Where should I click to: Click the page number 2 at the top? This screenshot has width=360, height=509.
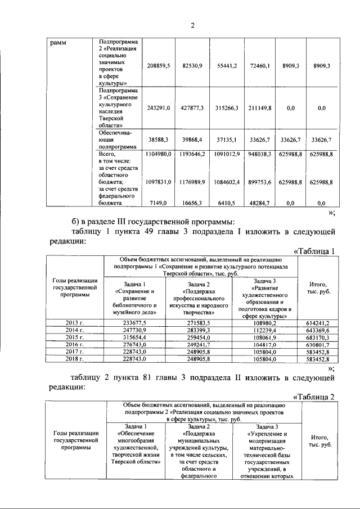[192, 25]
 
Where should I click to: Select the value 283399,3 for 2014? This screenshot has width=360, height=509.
[199, 330]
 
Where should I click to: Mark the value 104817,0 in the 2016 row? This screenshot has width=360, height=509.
[264, 344]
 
